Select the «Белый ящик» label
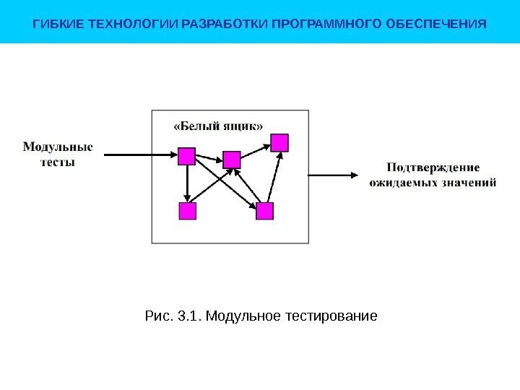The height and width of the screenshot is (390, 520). coord(219,125)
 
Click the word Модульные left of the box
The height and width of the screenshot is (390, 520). coord(58,147)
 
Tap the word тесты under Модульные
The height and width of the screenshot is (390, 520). coord(58,162)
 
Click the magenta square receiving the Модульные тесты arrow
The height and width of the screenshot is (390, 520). coord(187,156)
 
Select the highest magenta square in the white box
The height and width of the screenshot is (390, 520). coord(279,142)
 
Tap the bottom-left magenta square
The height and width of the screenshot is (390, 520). coord(187,211)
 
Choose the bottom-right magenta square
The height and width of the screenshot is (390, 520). coord(265,211)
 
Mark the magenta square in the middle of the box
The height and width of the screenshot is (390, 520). coord(232,159)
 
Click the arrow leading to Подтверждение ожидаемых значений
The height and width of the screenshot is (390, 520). coord(332,174)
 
